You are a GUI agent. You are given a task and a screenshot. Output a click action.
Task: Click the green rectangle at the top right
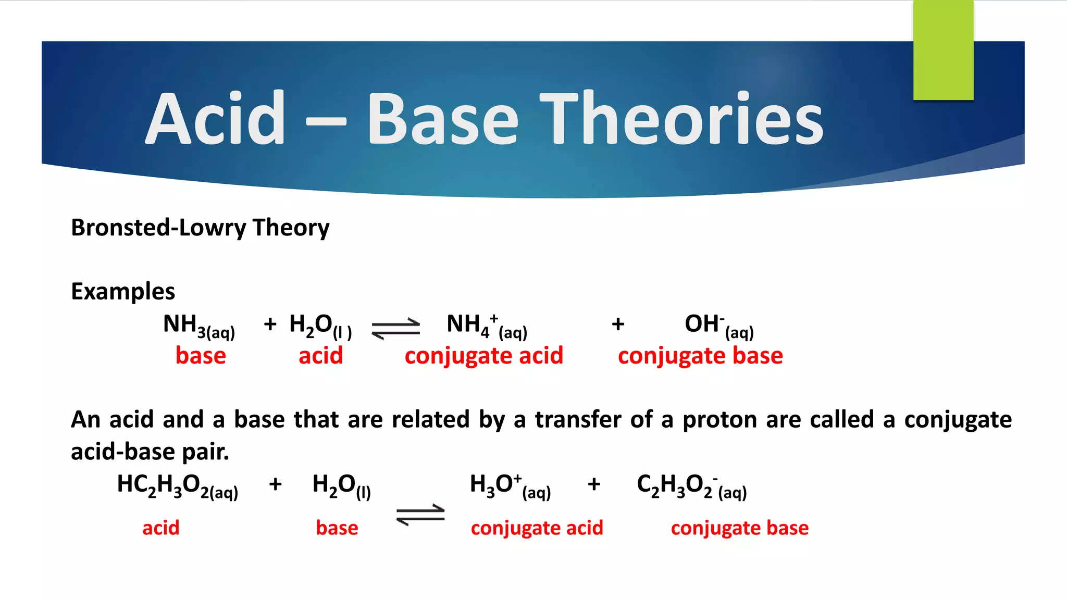943,50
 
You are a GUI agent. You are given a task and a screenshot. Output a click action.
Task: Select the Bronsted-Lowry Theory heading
200,228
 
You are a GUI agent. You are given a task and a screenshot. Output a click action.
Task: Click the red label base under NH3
201,356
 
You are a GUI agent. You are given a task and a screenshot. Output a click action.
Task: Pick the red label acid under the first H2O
320,356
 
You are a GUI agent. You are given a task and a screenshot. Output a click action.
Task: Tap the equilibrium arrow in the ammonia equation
396,329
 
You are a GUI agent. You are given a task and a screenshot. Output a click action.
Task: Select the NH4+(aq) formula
487,326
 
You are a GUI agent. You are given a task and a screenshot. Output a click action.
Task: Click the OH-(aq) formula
719,326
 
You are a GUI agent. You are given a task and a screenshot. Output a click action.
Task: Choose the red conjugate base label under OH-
700,356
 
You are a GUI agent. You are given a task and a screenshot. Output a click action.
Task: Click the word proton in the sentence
719,420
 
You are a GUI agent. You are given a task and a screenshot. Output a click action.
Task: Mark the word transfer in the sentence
578,420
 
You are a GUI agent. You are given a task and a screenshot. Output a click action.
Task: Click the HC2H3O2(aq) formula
177,486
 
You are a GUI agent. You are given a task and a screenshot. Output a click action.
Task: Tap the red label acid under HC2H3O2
160,528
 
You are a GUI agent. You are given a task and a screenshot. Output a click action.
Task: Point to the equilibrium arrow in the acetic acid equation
420,515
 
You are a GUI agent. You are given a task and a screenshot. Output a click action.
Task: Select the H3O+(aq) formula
510,486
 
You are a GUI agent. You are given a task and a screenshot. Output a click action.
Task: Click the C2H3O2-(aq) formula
691,486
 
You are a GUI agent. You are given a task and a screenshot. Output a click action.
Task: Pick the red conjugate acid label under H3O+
537,528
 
